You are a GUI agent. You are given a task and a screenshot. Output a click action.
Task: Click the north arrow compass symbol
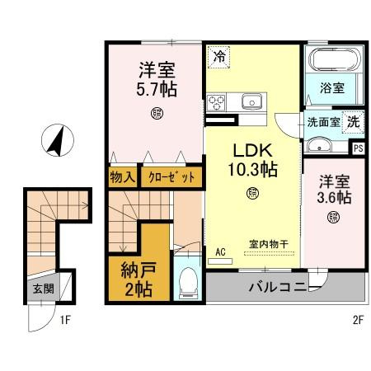coord(58,140)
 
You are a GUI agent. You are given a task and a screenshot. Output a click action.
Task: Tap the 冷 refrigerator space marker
coord(218,57)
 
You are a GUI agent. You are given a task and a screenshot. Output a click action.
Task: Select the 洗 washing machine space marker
coord(353,122)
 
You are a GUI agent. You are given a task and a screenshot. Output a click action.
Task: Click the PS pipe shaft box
coord(359,148)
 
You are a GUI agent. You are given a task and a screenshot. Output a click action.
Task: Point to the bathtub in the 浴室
coord(335,60)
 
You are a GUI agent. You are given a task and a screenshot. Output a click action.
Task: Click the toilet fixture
coord(188,283)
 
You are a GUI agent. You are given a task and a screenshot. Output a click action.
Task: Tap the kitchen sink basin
coord(251,101)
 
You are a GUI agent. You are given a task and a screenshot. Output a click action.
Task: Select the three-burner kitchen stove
coord(216,102)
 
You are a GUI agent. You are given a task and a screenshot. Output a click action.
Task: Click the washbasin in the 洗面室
coord(319,145)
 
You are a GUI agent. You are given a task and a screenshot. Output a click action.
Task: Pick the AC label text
coord(220,251)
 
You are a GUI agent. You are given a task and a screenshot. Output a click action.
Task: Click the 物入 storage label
coord(123,177)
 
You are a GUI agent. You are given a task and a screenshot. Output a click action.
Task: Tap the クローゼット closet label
coord(171,177)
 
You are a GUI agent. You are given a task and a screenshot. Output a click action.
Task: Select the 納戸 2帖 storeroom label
coord(139,279)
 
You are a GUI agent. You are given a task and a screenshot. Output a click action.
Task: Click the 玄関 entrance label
coord(44,289)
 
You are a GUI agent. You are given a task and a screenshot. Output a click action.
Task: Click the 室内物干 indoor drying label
coord(269,244)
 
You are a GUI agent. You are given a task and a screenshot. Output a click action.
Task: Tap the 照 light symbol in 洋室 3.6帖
coord(333,217)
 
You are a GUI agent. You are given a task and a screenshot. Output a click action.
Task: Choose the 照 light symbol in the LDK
coord(252,193)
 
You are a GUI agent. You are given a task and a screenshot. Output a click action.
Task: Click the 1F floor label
coord(65,320)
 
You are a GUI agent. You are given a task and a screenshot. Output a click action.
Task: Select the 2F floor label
coord(358,320)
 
